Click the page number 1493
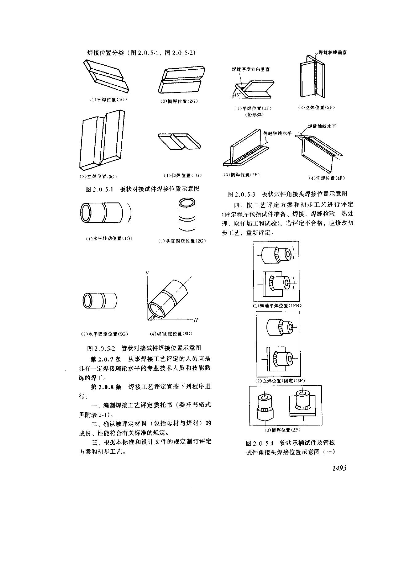[339, 468]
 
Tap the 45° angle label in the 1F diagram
[237, 95]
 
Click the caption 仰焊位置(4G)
[182, 175]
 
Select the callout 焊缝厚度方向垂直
[251, 70]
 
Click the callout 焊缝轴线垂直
[332, 53]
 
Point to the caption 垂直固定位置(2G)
[182, 241]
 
